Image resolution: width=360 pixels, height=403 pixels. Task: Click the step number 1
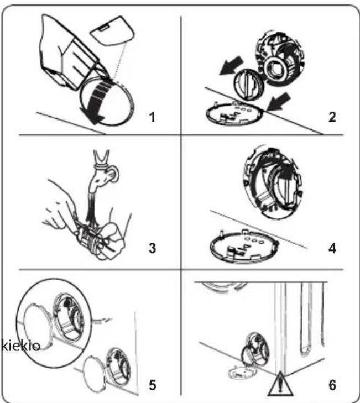pyautogui.click(x=152, y=117)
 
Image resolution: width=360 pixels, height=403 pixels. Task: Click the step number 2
pyautogui.click(x=332, y=117)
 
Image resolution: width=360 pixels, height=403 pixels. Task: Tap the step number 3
pyautogui.click(x=152, y=248)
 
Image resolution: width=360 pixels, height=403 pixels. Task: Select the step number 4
pyautogui.click(x=332, y=248)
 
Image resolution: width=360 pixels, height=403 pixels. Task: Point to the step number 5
pyautogui.click(x=152, y=385)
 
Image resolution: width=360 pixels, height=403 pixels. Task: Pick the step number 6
pyautogui.click(x=332, y=385)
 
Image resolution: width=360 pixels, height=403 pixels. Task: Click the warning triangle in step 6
pyautogui.click(x=280, y=385)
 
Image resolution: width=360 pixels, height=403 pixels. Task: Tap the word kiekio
pyautogui.click(x=20, y=346)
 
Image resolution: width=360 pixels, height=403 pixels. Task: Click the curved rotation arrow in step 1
pyautogui.click(x=96, y=103)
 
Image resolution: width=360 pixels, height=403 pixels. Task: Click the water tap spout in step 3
pyautogui.click(x=102, y=177)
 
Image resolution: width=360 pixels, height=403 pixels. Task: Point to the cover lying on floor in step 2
pyautogui.click(x=234, y=113)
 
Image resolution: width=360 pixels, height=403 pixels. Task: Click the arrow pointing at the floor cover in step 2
pyautogui.click(x=279, y=102)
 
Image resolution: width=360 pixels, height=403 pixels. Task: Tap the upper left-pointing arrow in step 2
pyautogui.click(x=231, y=66)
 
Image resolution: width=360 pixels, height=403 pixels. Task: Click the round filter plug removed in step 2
pyautogui.click(x=249, y=84)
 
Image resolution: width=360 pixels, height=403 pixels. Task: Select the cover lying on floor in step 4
pyautogui.click(x=244, y=247)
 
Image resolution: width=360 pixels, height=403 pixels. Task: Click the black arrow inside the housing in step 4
pyautogui.click(x=285, y=172)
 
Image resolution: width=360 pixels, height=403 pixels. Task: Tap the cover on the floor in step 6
pyautogui.click(x=242, y=372)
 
